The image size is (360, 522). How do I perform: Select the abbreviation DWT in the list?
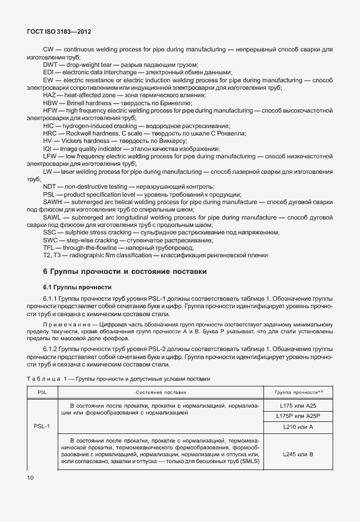50,65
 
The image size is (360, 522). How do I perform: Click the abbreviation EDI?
48,73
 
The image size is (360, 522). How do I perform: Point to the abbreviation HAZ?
50,95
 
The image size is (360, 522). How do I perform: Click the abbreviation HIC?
49,125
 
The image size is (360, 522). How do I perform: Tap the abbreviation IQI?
48,148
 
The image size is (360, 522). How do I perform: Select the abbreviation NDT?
50,187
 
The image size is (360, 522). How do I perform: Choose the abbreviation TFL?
49,248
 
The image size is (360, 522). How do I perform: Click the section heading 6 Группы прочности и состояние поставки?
125,271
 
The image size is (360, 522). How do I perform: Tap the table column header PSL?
42,392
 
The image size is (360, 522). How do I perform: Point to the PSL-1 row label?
42,426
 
